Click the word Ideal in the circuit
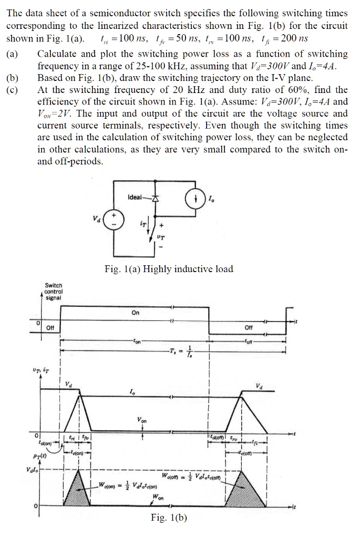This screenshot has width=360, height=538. point(135,196)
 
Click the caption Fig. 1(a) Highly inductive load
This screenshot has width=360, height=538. point(169,270)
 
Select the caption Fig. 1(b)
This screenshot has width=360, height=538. point(168,518)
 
